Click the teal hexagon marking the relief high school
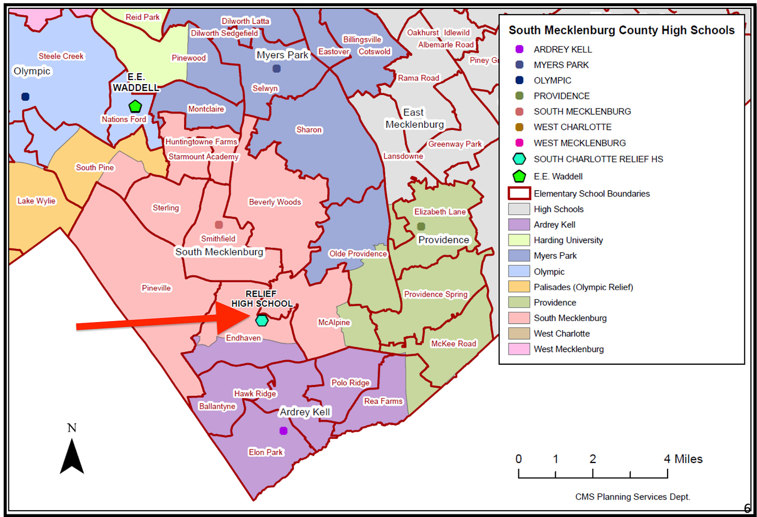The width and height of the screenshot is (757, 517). tap(262, 321)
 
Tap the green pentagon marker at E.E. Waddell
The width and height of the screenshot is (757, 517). tap(135, 107)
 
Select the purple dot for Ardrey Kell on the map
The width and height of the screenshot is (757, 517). tap(283, 431)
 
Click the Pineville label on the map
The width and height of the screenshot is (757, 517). tap(156, 288)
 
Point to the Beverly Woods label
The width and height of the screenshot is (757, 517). tap(275, 202)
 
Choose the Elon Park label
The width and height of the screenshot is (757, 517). tap(266, 452)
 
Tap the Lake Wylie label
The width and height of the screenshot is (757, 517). tap(36, 201)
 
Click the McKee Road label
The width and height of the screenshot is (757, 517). tap(453, 343)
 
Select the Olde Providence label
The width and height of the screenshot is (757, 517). tap(358, 254)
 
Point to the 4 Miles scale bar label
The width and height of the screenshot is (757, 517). tap(683, 459)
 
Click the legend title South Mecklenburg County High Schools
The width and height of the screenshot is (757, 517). tap(621, 30)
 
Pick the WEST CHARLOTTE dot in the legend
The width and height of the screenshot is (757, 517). tap(519, 127)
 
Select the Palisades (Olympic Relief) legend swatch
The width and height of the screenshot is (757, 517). tap(519, 287)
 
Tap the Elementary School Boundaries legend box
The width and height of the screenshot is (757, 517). tap(519, 193)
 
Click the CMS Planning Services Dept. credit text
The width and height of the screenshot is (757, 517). tap(632, 497)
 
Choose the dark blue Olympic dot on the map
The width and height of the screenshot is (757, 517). tap(25, 97)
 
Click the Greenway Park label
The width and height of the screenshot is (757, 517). tap(455, 144)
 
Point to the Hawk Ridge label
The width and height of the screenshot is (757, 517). tap(255, 393)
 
